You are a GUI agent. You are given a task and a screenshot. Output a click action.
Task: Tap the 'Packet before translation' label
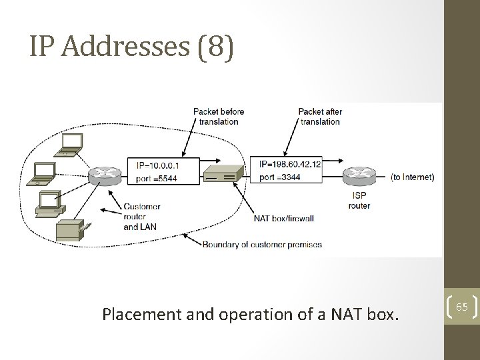(x=219, y=116)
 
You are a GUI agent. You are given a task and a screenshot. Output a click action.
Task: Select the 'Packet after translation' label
(x=321, y=116)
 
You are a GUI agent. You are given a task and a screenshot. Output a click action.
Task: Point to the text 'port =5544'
(x=156, y=178)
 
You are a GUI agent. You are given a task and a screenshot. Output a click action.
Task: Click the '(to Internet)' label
(x=412, y=177)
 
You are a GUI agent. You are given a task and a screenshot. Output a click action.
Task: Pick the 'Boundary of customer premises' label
(x=261, y=244)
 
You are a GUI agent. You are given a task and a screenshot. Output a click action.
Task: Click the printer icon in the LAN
(x=69, y=231)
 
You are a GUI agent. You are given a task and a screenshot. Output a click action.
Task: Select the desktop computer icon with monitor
(x=50, y=201)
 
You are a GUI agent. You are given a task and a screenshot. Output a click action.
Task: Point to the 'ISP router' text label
(x=359, y=201)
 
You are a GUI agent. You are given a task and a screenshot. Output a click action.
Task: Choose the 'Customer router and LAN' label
(x=141, y=216)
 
